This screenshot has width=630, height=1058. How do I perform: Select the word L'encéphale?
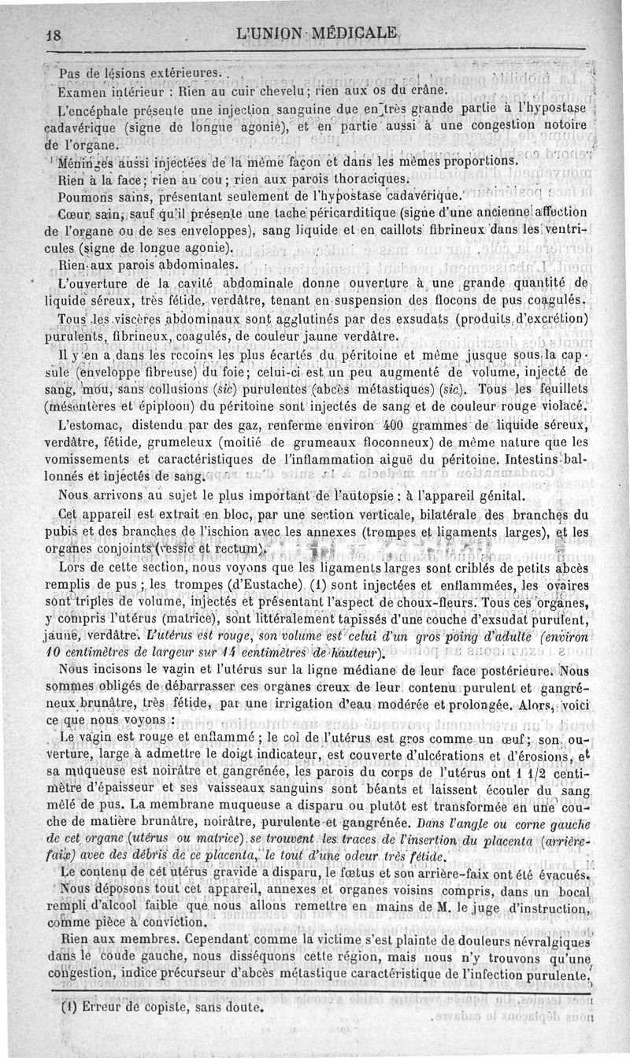(x=83, y=108)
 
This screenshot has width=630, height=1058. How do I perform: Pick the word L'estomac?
(x=90, y=426)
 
